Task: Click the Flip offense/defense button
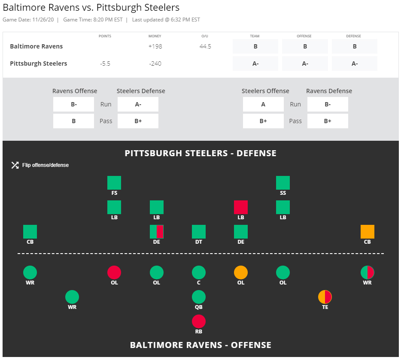(40, 165)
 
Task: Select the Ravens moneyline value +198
(155, 46)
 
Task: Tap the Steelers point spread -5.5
(105, 64)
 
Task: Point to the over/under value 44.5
(205, 46)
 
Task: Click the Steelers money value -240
(155, 64)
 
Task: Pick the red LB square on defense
(241, 207)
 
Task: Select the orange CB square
(368, 232)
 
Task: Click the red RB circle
(199, 321)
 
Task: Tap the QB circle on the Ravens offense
(199, 297)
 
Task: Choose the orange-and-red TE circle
(325, 297)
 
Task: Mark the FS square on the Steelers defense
(114, 183)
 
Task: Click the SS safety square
(283, 183)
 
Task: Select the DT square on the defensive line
(199, 232)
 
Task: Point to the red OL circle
(114, 272)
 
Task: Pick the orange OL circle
(241, 272)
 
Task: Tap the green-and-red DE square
(157, 232)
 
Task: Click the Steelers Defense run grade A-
(138, 104)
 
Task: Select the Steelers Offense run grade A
(263, 104)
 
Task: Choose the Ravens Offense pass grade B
(73, 121)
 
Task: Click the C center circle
(199, 272)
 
